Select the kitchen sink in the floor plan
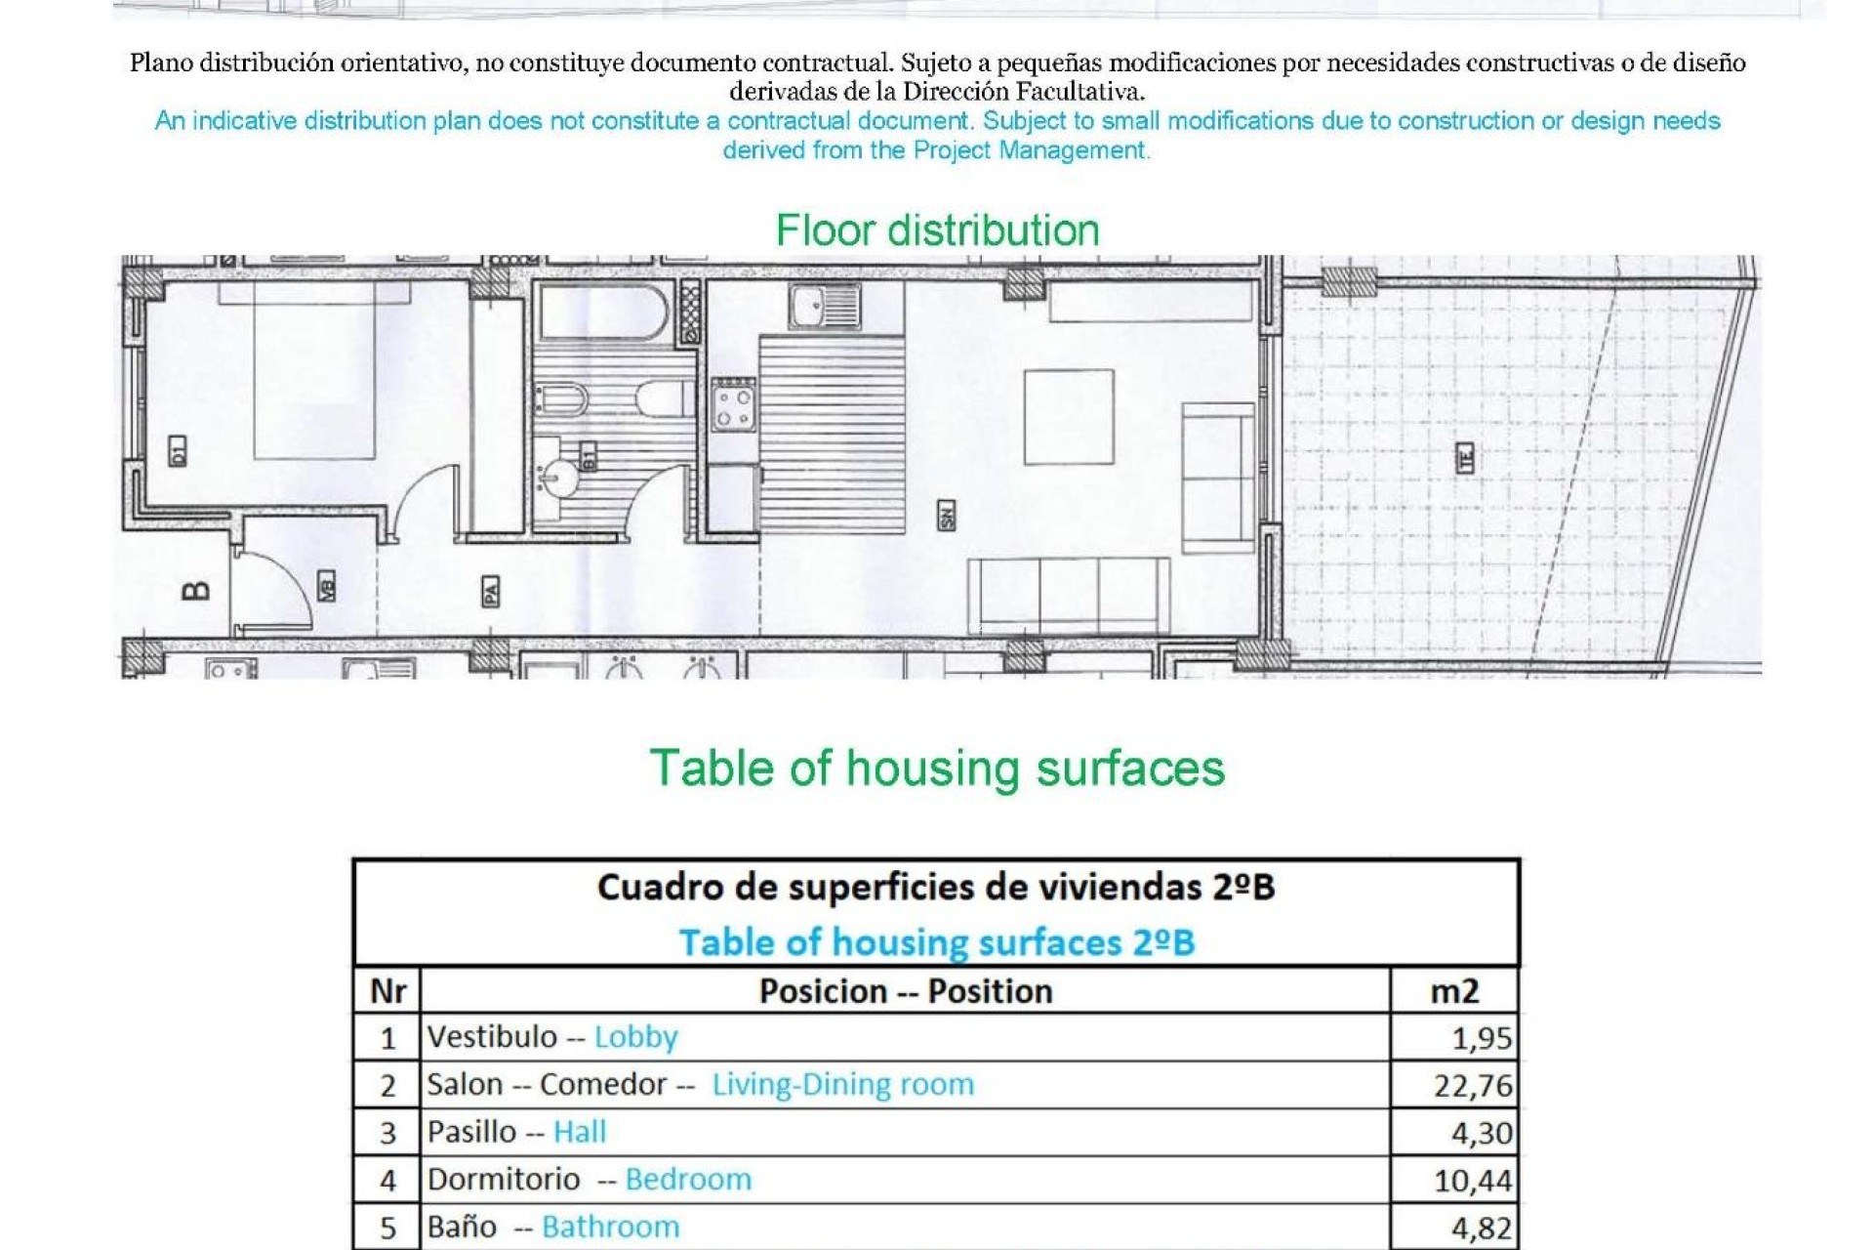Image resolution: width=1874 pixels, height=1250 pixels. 825,306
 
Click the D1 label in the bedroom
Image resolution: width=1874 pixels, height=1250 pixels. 177,451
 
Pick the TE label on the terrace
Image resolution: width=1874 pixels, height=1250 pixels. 1465,458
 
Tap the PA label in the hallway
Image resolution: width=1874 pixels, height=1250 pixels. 491,591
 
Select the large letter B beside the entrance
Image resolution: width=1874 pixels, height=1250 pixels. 196,590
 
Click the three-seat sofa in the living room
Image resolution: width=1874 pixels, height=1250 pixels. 1069,596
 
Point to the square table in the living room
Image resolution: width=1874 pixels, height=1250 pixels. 1069,417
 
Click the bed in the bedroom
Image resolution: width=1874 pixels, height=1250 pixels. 314,371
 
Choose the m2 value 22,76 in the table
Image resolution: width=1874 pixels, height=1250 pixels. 1473,1085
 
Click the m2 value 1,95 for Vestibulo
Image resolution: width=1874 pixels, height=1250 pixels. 1482,1037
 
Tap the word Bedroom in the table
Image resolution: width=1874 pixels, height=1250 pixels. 688,1180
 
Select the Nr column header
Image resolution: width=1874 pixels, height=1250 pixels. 387,991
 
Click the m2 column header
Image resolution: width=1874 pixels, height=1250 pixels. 1454,991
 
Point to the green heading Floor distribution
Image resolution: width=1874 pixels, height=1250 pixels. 937,230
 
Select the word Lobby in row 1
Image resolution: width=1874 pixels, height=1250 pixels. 635,1037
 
